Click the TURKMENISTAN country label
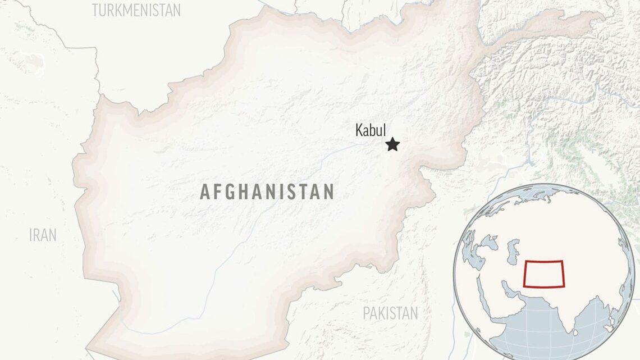tap(136, 10)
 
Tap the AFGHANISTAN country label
tap(267, 192)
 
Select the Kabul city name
tap(371, 130)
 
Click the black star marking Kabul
tap(392, 145)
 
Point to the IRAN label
tap(43, 235)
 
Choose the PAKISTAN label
tap(390, 313)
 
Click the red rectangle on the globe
tap(544, 274)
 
